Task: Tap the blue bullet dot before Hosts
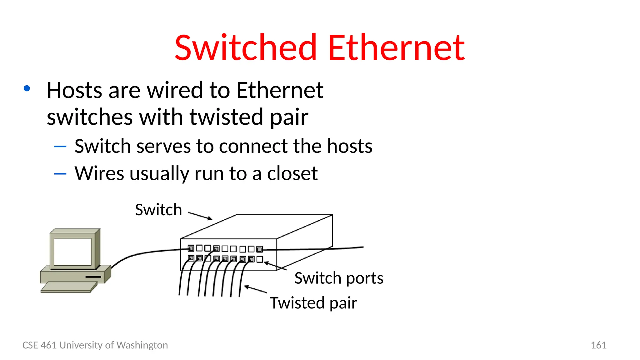(x=27, y=88)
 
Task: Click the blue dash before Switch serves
(x=60, y=146)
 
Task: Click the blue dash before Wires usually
(x=60, y=174)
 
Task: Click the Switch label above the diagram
(x=158, y=210)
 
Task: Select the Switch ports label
(x=339, y=278)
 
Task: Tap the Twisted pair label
(x=313, y=303)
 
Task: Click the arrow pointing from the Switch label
(x=200, y=216)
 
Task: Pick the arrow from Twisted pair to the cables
(x=255, y=289)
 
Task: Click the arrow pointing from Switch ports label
(x=275, y=266)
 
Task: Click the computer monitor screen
(x=72, y=252)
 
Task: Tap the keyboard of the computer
(x=69, y=287)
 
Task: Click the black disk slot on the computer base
(x=93, y=277)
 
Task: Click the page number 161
(x=598, y=345)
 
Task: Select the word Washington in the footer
(x=142, y=345)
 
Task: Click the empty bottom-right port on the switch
(x=260, y=259)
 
